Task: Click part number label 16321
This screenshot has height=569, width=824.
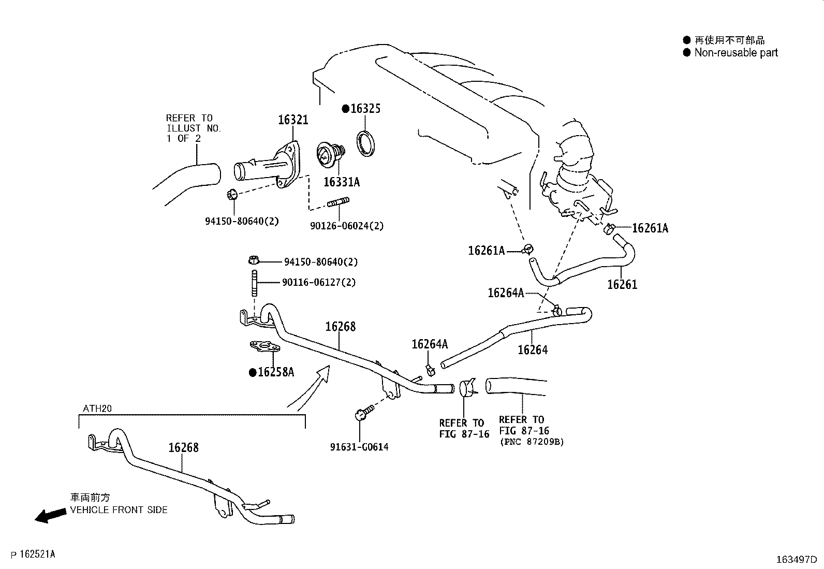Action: [x=293, y=120]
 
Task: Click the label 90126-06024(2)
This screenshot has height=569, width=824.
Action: [x=347, y=226]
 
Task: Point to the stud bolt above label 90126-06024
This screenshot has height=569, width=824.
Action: [x=339, y=202]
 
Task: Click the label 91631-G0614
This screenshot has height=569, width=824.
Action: [x=359, y=447]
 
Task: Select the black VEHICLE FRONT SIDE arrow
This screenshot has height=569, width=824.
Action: [x=50, y=515]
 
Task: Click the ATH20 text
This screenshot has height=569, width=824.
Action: [x=97, y=408]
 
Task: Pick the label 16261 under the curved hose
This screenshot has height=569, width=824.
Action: [x=622, y=284]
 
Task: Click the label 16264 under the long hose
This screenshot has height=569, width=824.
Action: [x=533, y=350]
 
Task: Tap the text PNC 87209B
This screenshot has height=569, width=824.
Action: [x=532, y=442]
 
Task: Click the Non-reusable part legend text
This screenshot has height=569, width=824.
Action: [x=735, y=52]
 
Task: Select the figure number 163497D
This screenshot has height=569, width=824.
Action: [x=796, y=560]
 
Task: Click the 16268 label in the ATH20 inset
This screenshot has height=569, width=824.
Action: [x=183, y=447]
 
